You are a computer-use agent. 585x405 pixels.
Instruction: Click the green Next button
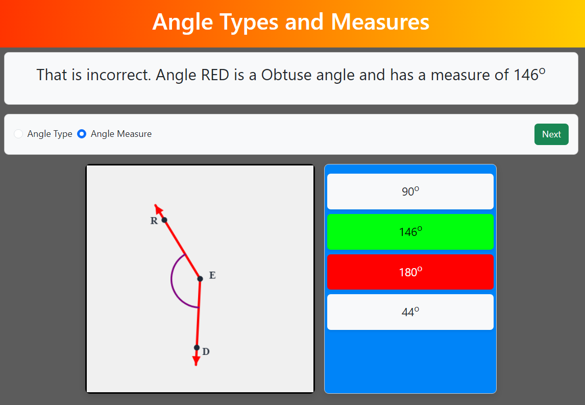coord(551,134)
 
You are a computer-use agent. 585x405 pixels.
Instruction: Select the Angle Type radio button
coord(18,134)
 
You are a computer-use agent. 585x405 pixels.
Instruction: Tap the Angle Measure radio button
coord(82,134)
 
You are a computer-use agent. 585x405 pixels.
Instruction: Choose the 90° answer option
coord(410,192)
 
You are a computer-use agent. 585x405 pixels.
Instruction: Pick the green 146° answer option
coord(410,232)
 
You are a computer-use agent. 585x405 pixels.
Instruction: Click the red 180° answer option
coord(410,272)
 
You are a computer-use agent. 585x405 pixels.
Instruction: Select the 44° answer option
coord(410,312)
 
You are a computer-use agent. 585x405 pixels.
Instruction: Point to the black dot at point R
coord(164,220)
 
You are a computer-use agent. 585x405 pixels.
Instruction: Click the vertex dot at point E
coord(200,279)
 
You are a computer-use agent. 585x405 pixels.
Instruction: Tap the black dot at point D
coord(197,348)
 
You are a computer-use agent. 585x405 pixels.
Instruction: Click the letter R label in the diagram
coord(154,221)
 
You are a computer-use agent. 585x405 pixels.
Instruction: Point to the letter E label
coord(212,275)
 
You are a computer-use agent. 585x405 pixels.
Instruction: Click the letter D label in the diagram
coord(206,351)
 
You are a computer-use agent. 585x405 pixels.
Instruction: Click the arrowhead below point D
coord(196,361)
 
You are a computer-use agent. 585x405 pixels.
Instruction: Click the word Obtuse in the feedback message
coord(286,75)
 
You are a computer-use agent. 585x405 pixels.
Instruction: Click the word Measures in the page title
coord(380,21)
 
